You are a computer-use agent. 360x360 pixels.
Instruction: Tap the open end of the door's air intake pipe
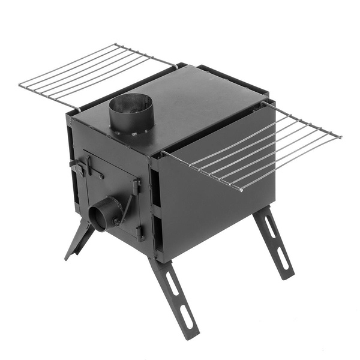(98, 215)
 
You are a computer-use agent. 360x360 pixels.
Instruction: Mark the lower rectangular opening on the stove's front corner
(156, 231)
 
